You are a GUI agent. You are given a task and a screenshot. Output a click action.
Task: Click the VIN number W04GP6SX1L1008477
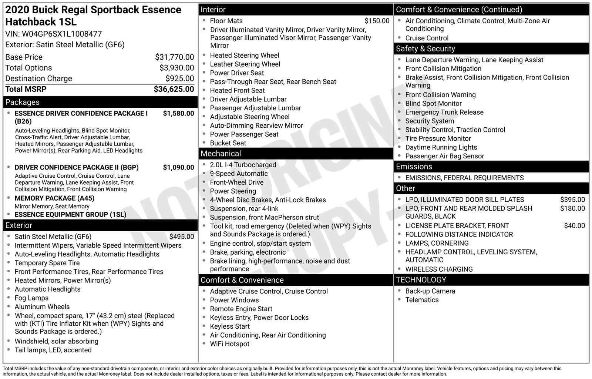pos(61,34)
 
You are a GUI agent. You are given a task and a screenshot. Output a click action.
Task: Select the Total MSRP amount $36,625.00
pos(174,89)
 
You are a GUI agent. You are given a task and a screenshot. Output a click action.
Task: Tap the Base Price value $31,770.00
pos(174,57)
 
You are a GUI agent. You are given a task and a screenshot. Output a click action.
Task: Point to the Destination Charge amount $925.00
pos(179,78)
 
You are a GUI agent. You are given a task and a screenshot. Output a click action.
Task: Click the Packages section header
pos(23,102)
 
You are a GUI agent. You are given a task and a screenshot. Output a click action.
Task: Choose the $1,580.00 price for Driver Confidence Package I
pos(178,114)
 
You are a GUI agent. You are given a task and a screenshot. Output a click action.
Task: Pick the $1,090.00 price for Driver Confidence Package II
pos(178,167)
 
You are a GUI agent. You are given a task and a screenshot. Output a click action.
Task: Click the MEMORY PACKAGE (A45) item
pos(54,198)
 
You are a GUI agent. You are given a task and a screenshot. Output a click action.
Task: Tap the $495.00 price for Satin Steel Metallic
pos(181,237)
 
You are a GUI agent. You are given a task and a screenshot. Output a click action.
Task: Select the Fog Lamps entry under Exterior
pos(31,298)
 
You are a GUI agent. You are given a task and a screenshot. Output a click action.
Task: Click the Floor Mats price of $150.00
pos(377,21)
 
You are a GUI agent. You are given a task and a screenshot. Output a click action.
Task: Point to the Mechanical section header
pos(221,154)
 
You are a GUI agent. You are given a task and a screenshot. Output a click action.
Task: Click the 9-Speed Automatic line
pos(239,174)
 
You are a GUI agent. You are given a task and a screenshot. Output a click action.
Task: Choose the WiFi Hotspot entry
pos(229,344)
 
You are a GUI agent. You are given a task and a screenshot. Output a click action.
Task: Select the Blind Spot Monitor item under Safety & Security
pos(433,104)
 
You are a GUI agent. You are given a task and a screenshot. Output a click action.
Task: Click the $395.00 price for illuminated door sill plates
pos(572,200)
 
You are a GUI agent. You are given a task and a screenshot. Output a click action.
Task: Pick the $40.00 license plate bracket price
pos(574,226)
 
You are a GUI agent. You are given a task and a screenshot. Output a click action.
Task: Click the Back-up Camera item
pos(430,291)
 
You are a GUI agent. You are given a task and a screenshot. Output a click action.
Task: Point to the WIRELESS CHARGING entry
pos(439,269)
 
